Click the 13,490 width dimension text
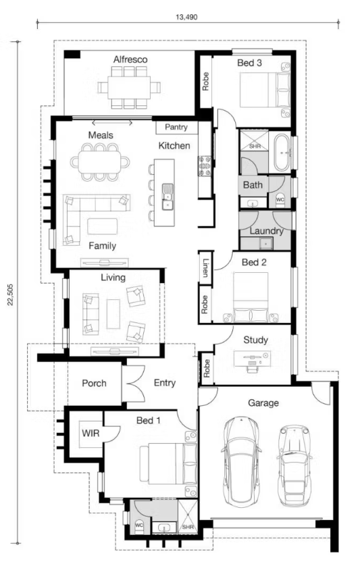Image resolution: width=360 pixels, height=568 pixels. pyautogui.click(x=186, y=17)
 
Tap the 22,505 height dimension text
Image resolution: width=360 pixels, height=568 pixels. pyautogui.click(x=10, y=294)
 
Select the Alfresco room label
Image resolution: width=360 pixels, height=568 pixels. pyautogui.click(x=130, y=59)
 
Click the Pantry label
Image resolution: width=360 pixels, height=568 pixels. pyautogui.click(x=176, y=127)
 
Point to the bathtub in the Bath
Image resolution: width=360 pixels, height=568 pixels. pyautogui.click(x=282, y=153)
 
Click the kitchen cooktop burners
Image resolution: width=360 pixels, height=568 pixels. pyautogui.click(x=204, y=166)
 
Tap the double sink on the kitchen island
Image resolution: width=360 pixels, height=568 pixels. pyautogui.click(x=168, y=197)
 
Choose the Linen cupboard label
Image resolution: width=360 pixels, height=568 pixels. pyautogui.click(x=205, y=267)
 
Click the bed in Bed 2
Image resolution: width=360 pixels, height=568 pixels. pyautogui.click(x=251, y=297)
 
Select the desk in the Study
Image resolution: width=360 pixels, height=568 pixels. pyautogui.click(x=252, y=358)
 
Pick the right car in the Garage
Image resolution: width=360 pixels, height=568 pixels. pyautogui.click(x=294, y=465)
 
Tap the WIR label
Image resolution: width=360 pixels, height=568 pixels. pyautogui.click(x=91, y=433)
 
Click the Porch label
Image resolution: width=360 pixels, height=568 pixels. pyautogui.click(x=94, y=383)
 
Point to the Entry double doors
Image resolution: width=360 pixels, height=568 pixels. pyautogui.click(x=134, y=384)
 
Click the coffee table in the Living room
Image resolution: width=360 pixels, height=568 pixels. pyautogui.click(x=113, y=313)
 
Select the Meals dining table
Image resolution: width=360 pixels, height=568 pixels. pyautogui.click(x=100, y=161)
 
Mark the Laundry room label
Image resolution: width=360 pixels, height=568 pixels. pyautogui.click(x=267, y=231)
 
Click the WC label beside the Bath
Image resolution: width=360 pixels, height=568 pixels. pyautogui.click(x=280, y=200)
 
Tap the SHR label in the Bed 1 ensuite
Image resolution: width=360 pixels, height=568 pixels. pyautogui.click(x=188, y=527)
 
